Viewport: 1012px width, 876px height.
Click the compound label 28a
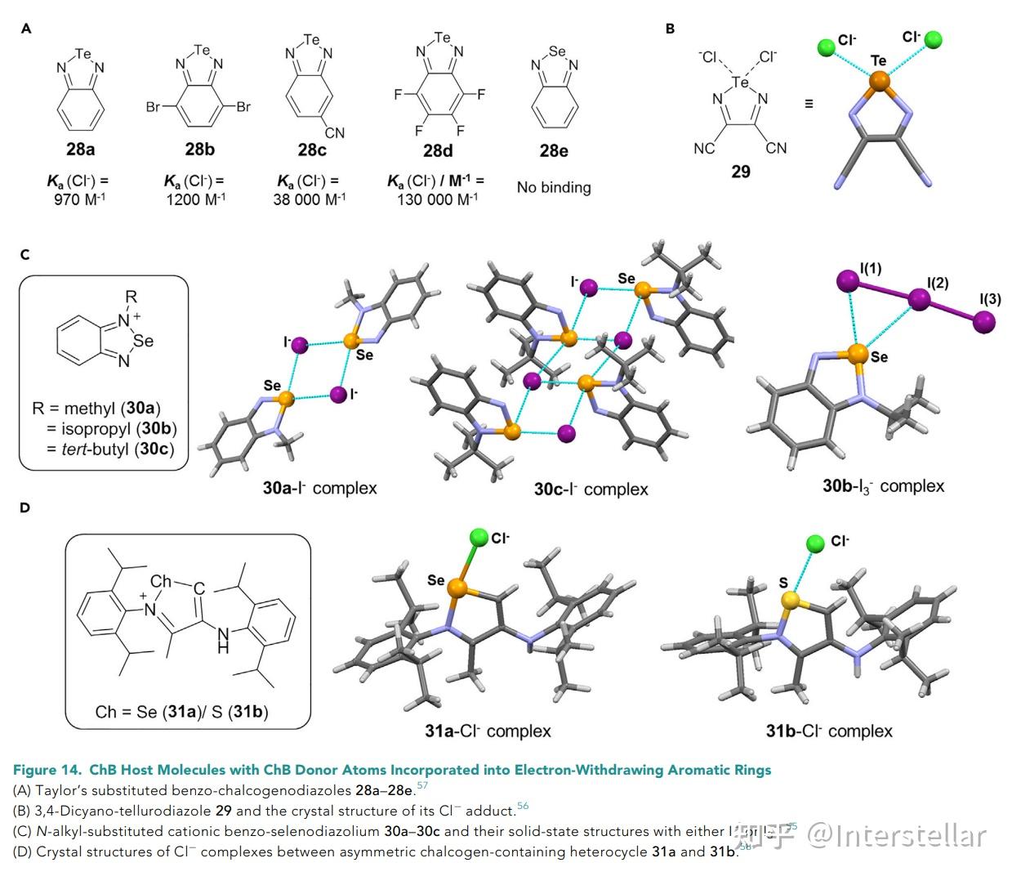tap(81, 150)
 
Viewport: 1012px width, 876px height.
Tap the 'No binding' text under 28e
tap(554, 187)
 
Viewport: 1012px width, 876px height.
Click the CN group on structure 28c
tap(335, 132)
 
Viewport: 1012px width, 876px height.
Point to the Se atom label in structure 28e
tap(557, 51)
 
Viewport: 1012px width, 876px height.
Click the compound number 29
tap(741, 171)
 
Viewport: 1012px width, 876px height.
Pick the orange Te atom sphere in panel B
tap(878, 81)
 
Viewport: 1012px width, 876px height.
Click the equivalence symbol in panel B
tap(809, 104)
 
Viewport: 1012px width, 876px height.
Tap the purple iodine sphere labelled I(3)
tap(984, 323)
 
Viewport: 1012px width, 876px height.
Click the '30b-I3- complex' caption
tap(883, 486)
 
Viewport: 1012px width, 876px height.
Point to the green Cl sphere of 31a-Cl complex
tap(479, 537)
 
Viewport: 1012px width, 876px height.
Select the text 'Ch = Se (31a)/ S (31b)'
tap(181, 711)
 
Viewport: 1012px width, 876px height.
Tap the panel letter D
tap(25, 507)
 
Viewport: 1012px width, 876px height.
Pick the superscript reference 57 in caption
tap(422, 786)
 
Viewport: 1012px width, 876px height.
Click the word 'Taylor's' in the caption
tap(61, 790)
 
